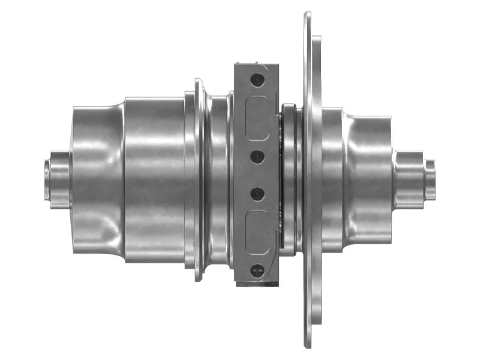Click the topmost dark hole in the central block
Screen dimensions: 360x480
pos(257,79)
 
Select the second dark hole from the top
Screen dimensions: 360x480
pos(257,156)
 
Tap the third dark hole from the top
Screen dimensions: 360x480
pos(257,193)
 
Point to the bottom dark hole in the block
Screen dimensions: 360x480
pos(257,270)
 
